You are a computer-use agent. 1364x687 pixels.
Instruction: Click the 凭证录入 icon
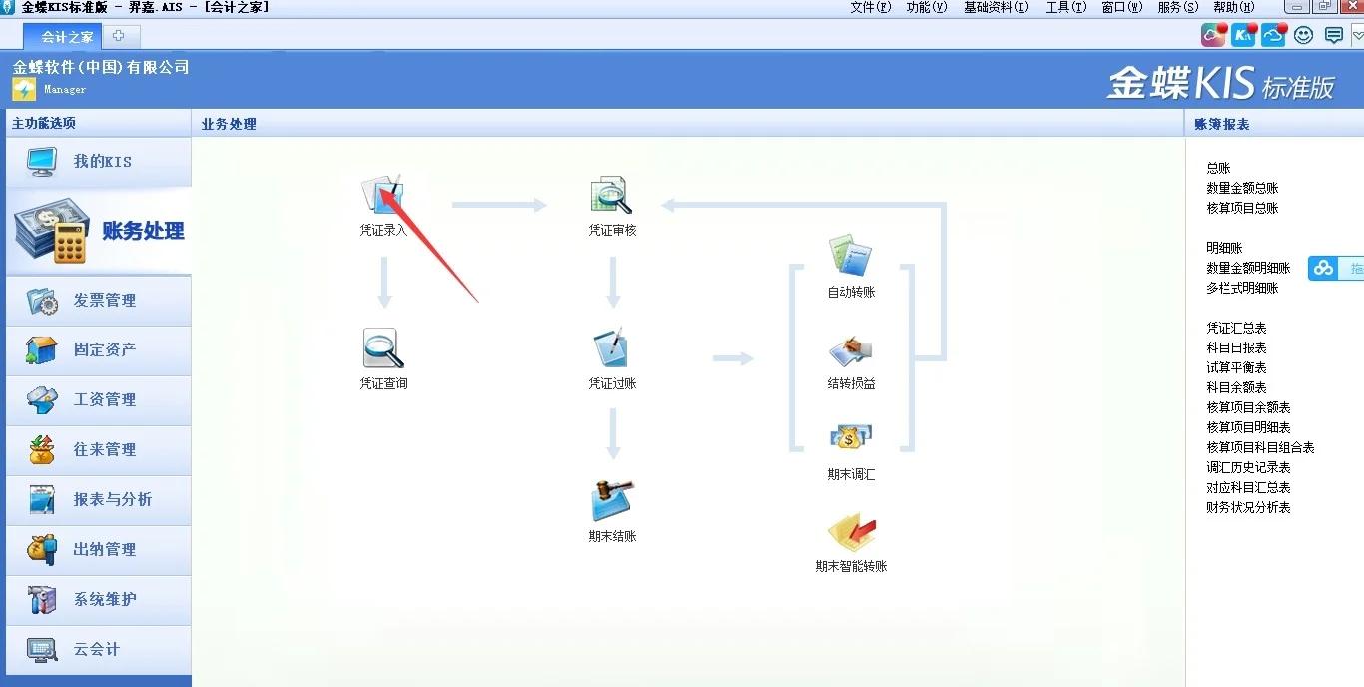click(381, 194)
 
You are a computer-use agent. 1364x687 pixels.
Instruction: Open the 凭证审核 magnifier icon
click(611, 194)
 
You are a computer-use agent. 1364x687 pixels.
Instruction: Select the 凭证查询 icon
click(383, 348)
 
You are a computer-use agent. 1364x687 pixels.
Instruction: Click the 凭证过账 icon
click(611, 348)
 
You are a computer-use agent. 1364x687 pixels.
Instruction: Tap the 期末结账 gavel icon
click(611, 501)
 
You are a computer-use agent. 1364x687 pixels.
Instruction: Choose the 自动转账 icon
click(851, 256)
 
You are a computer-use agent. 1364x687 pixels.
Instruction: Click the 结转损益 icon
click(851, 350)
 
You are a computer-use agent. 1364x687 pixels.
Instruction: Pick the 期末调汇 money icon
click(851, 439)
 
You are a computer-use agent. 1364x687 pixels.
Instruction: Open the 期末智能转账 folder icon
click(851, 532)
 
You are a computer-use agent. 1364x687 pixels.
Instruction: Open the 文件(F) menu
click(870, 7)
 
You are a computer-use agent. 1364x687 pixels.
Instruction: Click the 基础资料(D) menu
click(996, 7)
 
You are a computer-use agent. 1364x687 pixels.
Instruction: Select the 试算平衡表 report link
click(1236, 367)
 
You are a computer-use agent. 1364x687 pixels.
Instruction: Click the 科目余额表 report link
click(1236, 387)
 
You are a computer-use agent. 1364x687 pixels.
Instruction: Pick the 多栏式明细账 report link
click(1242, 288)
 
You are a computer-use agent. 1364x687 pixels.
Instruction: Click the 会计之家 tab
click(68, 37)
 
